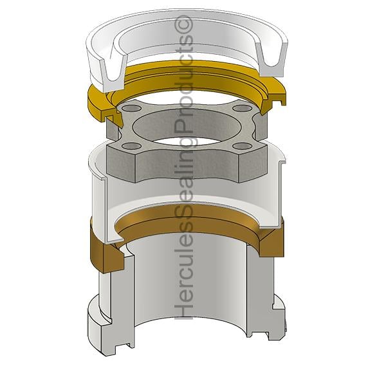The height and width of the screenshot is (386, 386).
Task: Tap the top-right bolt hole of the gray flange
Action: pyautogui.click(x=241, y=108)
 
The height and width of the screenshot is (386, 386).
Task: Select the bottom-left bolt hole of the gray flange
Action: pyautogui.click(x=132, y=146)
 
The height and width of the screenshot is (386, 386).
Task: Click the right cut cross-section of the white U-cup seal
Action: pyautogui.click(x=271, y=59)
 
